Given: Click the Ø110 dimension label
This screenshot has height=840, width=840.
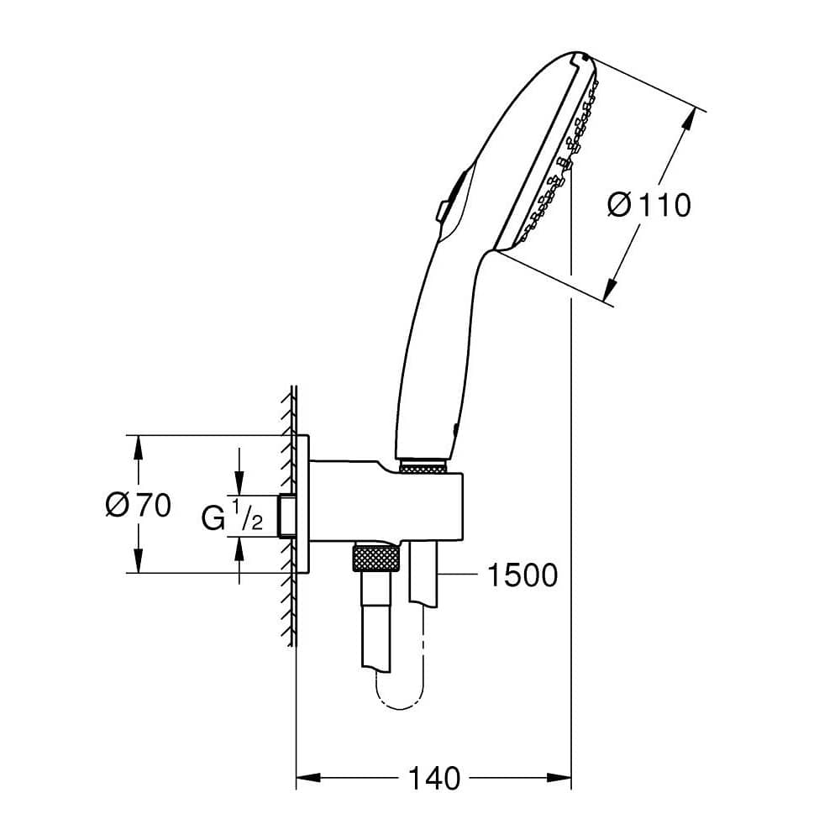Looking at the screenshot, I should pyautogui.click(x=648, y=204).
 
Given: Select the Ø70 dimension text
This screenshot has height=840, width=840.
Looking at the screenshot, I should pyautogui.click(x=139, y=505).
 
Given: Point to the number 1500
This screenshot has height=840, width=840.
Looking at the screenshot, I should pyautogui.click(x=522, y=575).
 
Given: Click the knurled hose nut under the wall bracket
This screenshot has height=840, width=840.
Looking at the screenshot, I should pyautogui.click(x=375, y=559).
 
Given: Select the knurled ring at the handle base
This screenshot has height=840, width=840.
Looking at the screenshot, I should pyautogui.click(x=423, y=466).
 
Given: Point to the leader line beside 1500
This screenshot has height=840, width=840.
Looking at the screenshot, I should pyautogui.click(x=458, y=575).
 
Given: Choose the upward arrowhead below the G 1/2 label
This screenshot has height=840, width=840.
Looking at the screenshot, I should pyautogui.click(x=240, y=548).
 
